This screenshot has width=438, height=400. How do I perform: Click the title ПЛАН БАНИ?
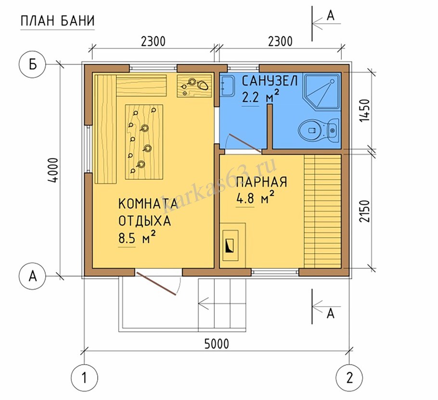tap(57, 21)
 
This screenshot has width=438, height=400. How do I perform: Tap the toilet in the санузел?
tap(318, 130)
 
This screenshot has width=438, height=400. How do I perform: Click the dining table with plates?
tap(143, 141)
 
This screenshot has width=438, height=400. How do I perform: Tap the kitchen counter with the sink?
tap(195, 86)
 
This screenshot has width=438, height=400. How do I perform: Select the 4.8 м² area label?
tap(255, 198)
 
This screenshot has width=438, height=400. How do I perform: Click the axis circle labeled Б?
tap(32, 64)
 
